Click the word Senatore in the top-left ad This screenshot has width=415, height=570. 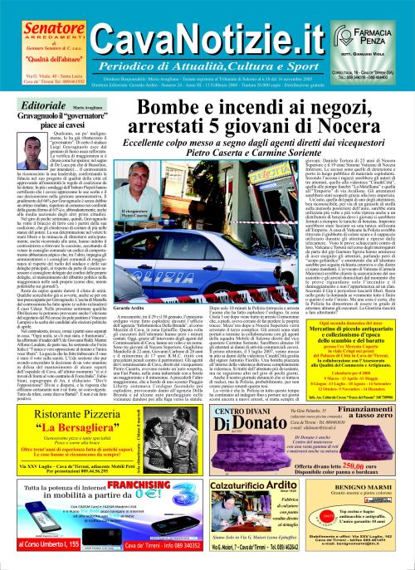[x=40, y=16]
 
